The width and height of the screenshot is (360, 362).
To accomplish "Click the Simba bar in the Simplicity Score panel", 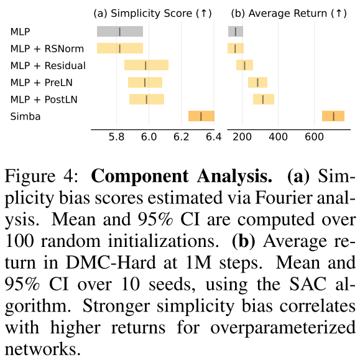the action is [201, 116].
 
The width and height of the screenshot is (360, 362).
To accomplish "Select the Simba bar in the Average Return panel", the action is [333, 116].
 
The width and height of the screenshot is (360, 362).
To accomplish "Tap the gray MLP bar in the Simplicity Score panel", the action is [120, 31].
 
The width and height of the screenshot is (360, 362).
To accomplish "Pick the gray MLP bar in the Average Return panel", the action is [236, 31].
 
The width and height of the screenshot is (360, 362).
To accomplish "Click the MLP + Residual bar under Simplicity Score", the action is [146, 65].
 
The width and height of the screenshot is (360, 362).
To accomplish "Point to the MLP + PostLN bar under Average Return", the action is [264, 100].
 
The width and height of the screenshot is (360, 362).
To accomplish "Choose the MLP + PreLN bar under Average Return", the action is [258, 83].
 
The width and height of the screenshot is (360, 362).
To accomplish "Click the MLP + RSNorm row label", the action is [47, 49].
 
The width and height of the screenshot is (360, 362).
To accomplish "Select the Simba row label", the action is [25, 116].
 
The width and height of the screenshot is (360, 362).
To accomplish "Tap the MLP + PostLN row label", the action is [44, 100].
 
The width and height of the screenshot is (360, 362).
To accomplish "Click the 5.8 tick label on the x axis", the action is [116, 137].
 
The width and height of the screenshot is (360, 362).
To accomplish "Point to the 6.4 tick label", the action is [214, 137].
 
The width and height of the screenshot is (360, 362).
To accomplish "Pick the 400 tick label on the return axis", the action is [278, 137].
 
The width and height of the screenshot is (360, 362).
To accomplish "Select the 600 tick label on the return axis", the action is [314, 137].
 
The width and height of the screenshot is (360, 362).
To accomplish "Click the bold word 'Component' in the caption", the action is [140, 177].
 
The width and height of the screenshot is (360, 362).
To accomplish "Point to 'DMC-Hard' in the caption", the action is [111, 262].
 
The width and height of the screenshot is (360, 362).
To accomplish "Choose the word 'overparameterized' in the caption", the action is [283, 328].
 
